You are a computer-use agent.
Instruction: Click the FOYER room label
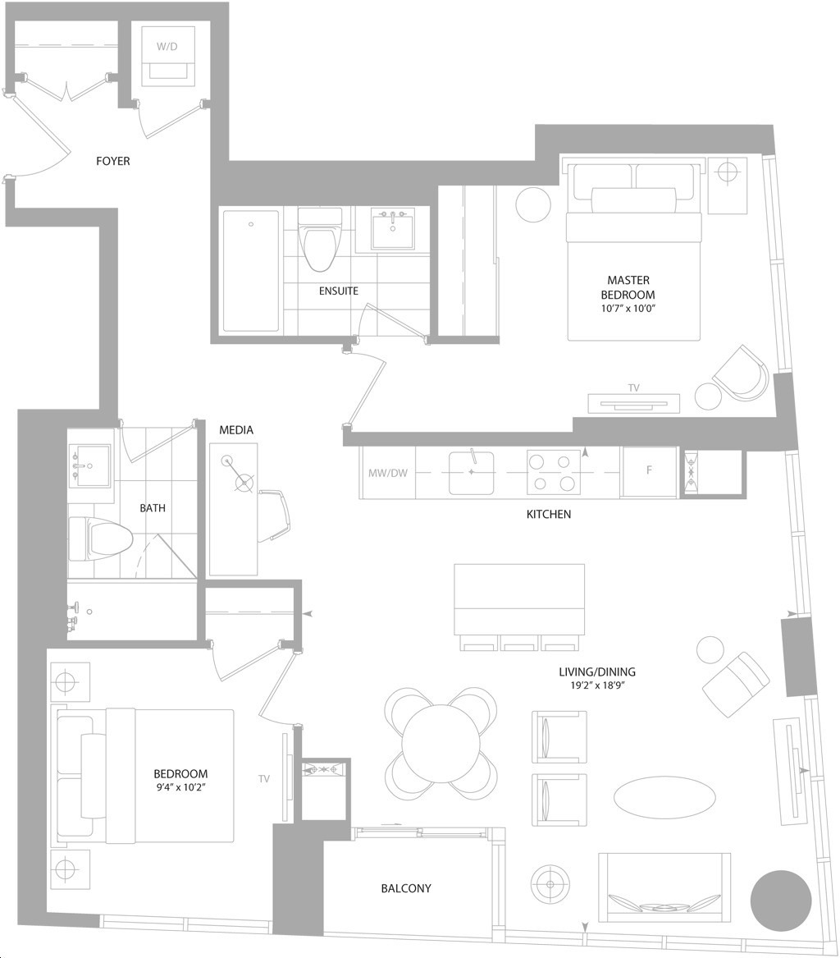point(113,161)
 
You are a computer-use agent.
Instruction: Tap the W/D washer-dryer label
point(167,47)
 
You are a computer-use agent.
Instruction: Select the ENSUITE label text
point(338,291)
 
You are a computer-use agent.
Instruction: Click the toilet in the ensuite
point(319,239)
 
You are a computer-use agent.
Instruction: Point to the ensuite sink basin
point(393,227)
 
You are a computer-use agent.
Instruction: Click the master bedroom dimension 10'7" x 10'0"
point(628,309)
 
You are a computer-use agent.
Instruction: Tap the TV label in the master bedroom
point(633,388)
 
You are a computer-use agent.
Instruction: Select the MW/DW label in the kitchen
point(388,473)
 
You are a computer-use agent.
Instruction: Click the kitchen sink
point(472,472)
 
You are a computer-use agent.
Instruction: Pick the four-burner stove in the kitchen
point(554,472)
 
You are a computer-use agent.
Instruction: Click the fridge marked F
point(649,472)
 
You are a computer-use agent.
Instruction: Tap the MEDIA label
point(236,430)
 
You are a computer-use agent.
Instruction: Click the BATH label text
point(153,507)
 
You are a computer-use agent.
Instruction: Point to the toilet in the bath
point(100,539)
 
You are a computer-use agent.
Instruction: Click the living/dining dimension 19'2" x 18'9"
point(597,685)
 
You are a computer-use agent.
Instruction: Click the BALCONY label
point(406,888)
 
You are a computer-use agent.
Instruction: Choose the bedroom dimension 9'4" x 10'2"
point(180,787)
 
